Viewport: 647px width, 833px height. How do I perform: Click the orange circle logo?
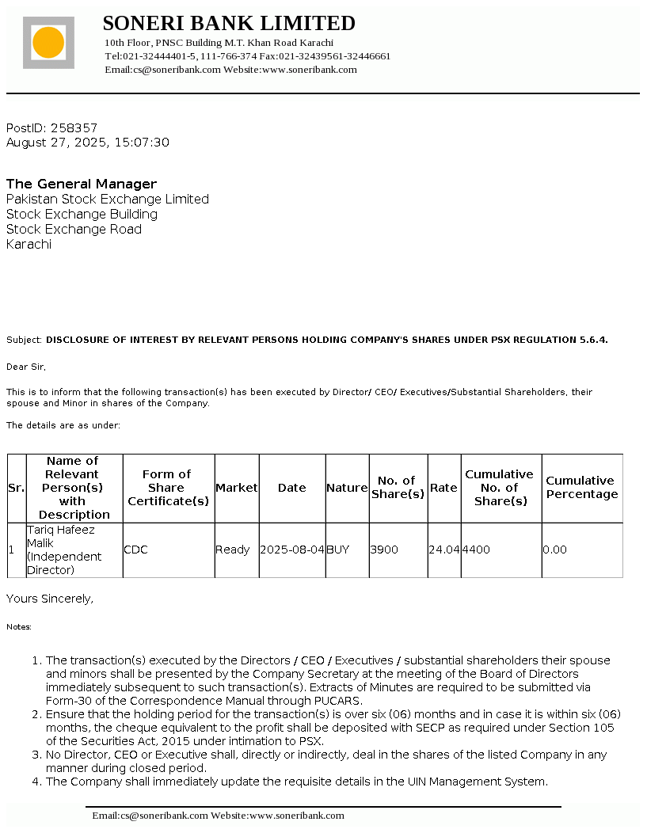pyautogui.click(x=48, y=42)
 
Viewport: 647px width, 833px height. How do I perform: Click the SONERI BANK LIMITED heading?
pyautogui.click(x=229, y=23)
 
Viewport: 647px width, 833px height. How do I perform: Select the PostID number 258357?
pyautogui.click(x=74, y=127)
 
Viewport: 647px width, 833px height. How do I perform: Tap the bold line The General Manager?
pyautogui.click(x=82, y=184)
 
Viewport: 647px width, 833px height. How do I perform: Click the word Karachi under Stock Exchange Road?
pyautogui.click(x=29, y=244)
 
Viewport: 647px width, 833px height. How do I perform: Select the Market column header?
pyautogui.click(x=237, y=488)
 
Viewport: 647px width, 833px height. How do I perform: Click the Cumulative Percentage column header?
pyautogui.click(x=581, y=488)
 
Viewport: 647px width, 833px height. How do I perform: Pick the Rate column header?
pyautogui.click(x=443, y=488)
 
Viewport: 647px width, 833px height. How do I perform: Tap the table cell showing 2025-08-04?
pyautogui.click(x=292, y=550)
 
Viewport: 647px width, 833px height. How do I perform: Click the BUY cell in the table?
pyautogui.click(x=338, y=550)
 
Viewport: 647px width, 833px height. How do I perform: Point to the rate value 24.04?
pyautogui.click(x=444, y=550)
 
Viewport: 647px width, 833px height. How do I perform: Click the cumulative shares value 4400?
pyautogui.click(x=476, y=550)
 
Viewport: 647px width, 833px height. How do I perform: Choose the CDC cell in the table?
pyautogui.click(x=135, y=550)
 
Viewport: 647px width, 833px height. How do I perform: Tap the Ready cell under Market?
pyautogui.click(x=233, y=550)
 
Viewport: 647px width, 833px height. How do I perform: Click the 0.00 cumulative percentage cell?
pyautogui.click(x=554, y=550)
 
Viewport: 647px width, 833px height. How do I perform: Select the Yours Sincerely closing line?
pyautogui.click(x=50, y=599)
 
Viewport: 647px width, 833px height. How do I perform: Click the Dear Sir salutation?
pyautogui.click(x=26, y=367)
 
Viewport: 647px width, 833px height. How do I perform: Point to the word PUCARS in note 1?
pyautogui.click(x=337, y=701)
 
